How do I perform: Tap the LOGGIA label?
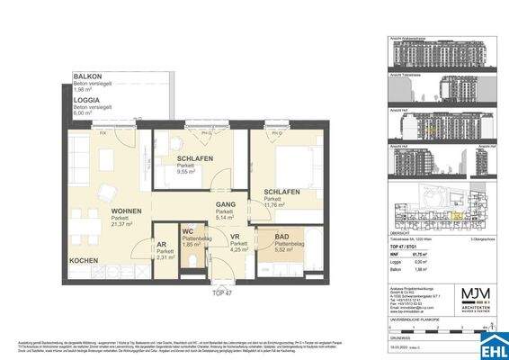87,101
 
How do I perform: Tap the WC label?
188,231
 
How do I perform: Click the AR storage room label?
163,245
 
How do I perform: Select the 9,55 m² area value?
188,171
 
